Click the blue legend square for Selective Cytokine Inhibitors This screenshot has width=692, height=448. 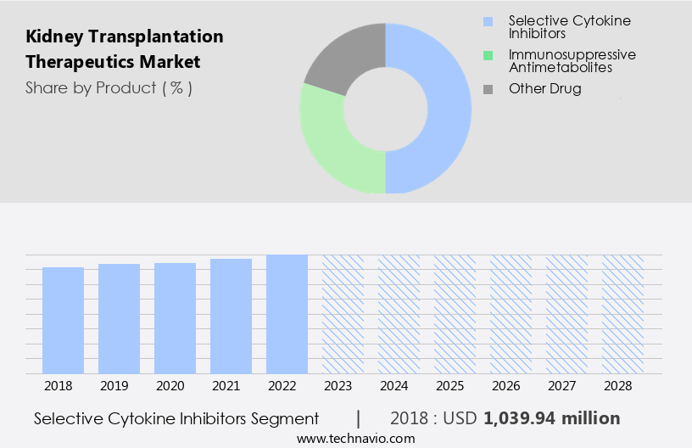tap(487, 20)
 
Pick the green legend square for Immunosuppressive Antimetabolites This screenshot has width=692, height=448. tap(487, 55)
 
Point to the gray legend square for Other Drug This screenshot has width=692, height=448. tap(487, 89)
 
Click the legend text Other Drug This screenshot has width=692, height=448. tap(544, 89)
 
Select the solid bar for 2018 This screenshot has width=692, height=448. tap(64, 320)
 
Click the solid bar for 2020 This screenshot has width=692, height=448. tap(176, 318)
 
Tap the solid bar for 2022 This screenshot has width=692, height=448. tap(287, 314)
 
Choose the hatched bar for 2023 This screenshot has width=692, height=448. tap(343, 314)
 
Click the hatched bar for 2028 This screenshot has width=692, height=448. tap(623, 314)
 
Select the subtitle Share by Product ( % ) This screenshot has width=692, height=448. tap(109, 87)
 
